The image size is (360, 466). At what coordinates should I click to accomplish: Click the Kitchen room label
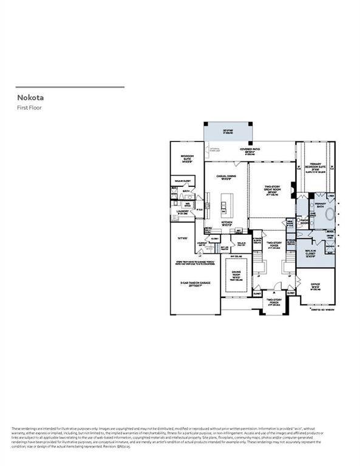pyautogui.click(x=226, y=223)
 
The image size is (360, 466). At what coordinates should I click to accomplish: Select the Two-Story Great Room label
pyautogui.click(x=271, y=189)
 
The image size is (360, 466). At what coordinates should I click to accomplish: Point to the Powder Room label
pyautogui.click(x=304, y=221)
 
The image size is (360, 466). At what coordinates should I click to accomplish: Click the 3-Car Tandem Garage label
pyautogui.click(x=191, y=285)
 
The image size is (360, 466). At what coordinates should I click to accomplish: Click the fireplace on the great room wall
pyautogui.click(x=294, y=187)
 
